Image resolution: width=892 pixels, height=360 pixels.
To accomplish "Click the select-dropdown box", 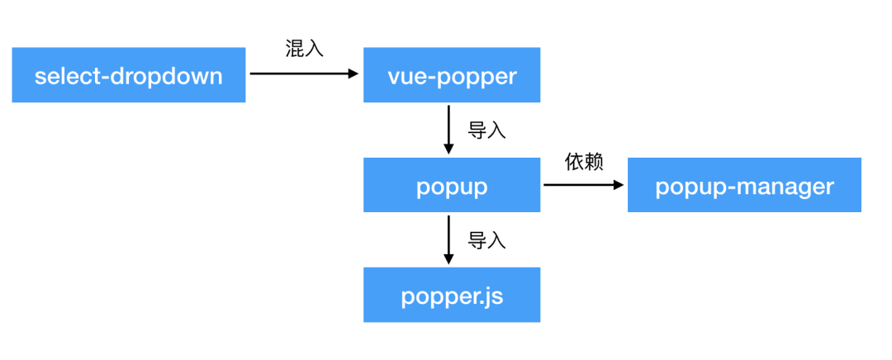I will tap(128, 75).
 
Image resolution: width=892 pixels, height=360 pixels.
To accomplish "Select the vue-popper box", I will tap(452, 75).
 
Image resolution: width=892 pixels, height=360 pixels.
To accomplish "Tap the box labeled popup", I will tap(452, 185).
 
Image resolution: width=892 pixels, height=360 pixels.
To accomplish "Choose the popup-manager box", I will tap(744, 185).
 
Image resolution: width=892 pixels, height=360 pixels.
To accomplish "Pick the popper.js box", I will tap(452, 295).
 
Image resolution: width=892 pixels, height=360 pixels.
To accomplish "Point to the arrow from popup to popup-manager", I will tap(578, 185).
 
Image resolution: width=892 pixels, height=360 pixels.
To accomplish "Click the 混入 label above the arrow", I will tap(304, 49).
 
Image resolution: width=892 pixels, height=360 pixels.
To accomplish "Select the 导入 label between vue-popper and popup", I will tap(486, 130).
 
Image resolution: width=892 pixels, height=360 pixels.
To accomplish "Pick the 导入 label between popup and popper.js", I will tap(486, 240).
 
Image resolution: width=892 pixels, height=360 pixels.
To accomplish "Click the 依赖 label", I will tap(584, 161).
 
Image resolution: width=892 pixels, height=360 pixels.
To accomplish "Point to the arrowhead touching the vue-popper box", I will tap(353, 73).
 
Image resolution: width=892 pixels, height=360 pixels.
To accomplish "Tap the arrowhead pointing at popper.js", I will tap(448, 258).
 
